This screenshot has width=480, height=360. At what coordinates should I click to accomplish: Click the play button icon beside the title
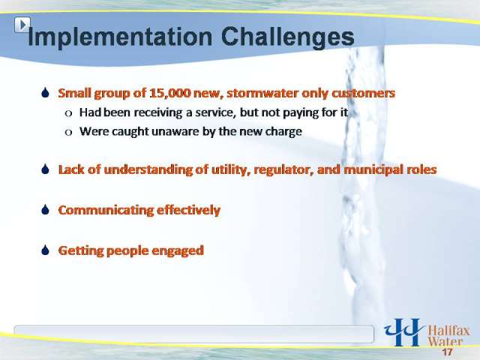pos(22,25)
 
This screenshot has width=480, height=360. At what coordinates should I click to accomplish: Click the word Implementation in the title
pos(120,37)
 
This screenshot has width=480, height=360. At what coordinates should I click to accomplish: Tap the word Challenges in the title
pos(287,38)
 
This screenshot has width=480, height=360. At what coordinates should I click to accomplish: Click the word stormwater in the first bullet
pos(262,93)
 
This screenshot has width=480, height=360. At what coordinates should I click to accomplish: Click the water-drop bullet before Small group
pos(45,92)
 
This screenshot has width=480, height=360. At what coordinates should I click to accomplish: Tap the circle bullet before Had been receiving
pos(68,113)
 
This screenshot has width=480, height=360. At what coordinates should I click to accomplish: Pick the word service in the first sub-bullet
pos(215,112)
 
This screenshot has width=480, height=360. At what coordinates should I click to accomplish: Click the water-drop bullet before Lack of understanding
pos(45,169)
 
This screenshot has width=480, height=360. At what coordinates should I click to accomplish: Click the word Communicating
pos(105,210)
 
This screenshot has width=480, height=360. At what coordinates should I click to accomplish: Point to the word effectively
pos(188,210)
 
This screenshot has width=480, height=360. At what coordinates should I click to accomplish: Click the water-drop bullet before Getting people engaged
pos(45,250)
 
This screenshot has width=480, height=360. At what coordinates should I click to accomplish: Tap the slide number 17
pos(447,352)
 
